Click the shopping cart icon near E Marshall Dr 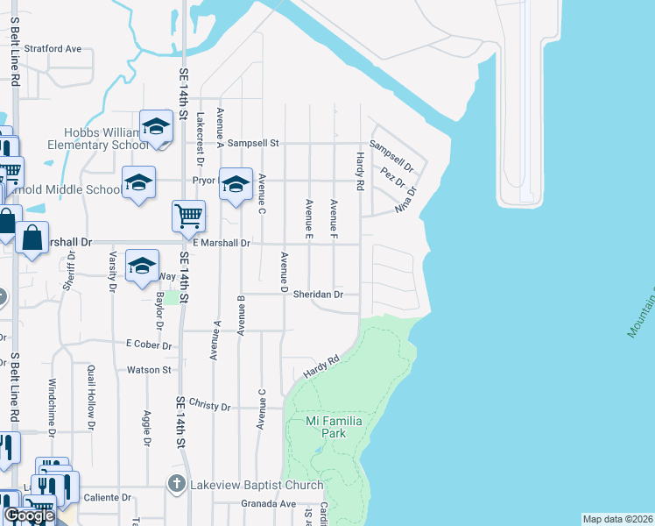(189, 215)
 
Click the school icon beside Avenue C (235, 184)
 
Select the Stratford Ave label (53, 49)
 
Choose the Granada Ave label (269, 504)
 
